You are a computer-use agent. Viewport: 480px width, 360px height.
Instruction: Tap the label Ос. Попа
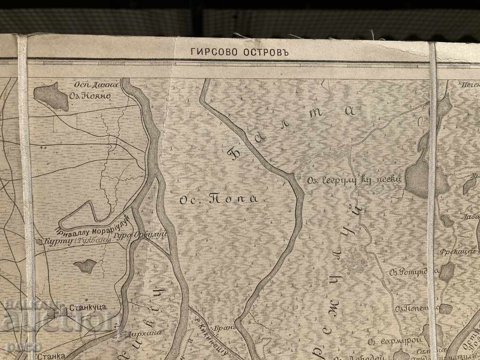[218, 199]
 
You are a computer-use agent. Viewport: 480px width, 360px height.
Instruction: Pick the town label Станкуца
[88, 307]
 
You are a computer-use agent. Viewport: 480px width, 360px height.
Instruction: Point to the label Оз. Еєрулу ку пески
[355, 180]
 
